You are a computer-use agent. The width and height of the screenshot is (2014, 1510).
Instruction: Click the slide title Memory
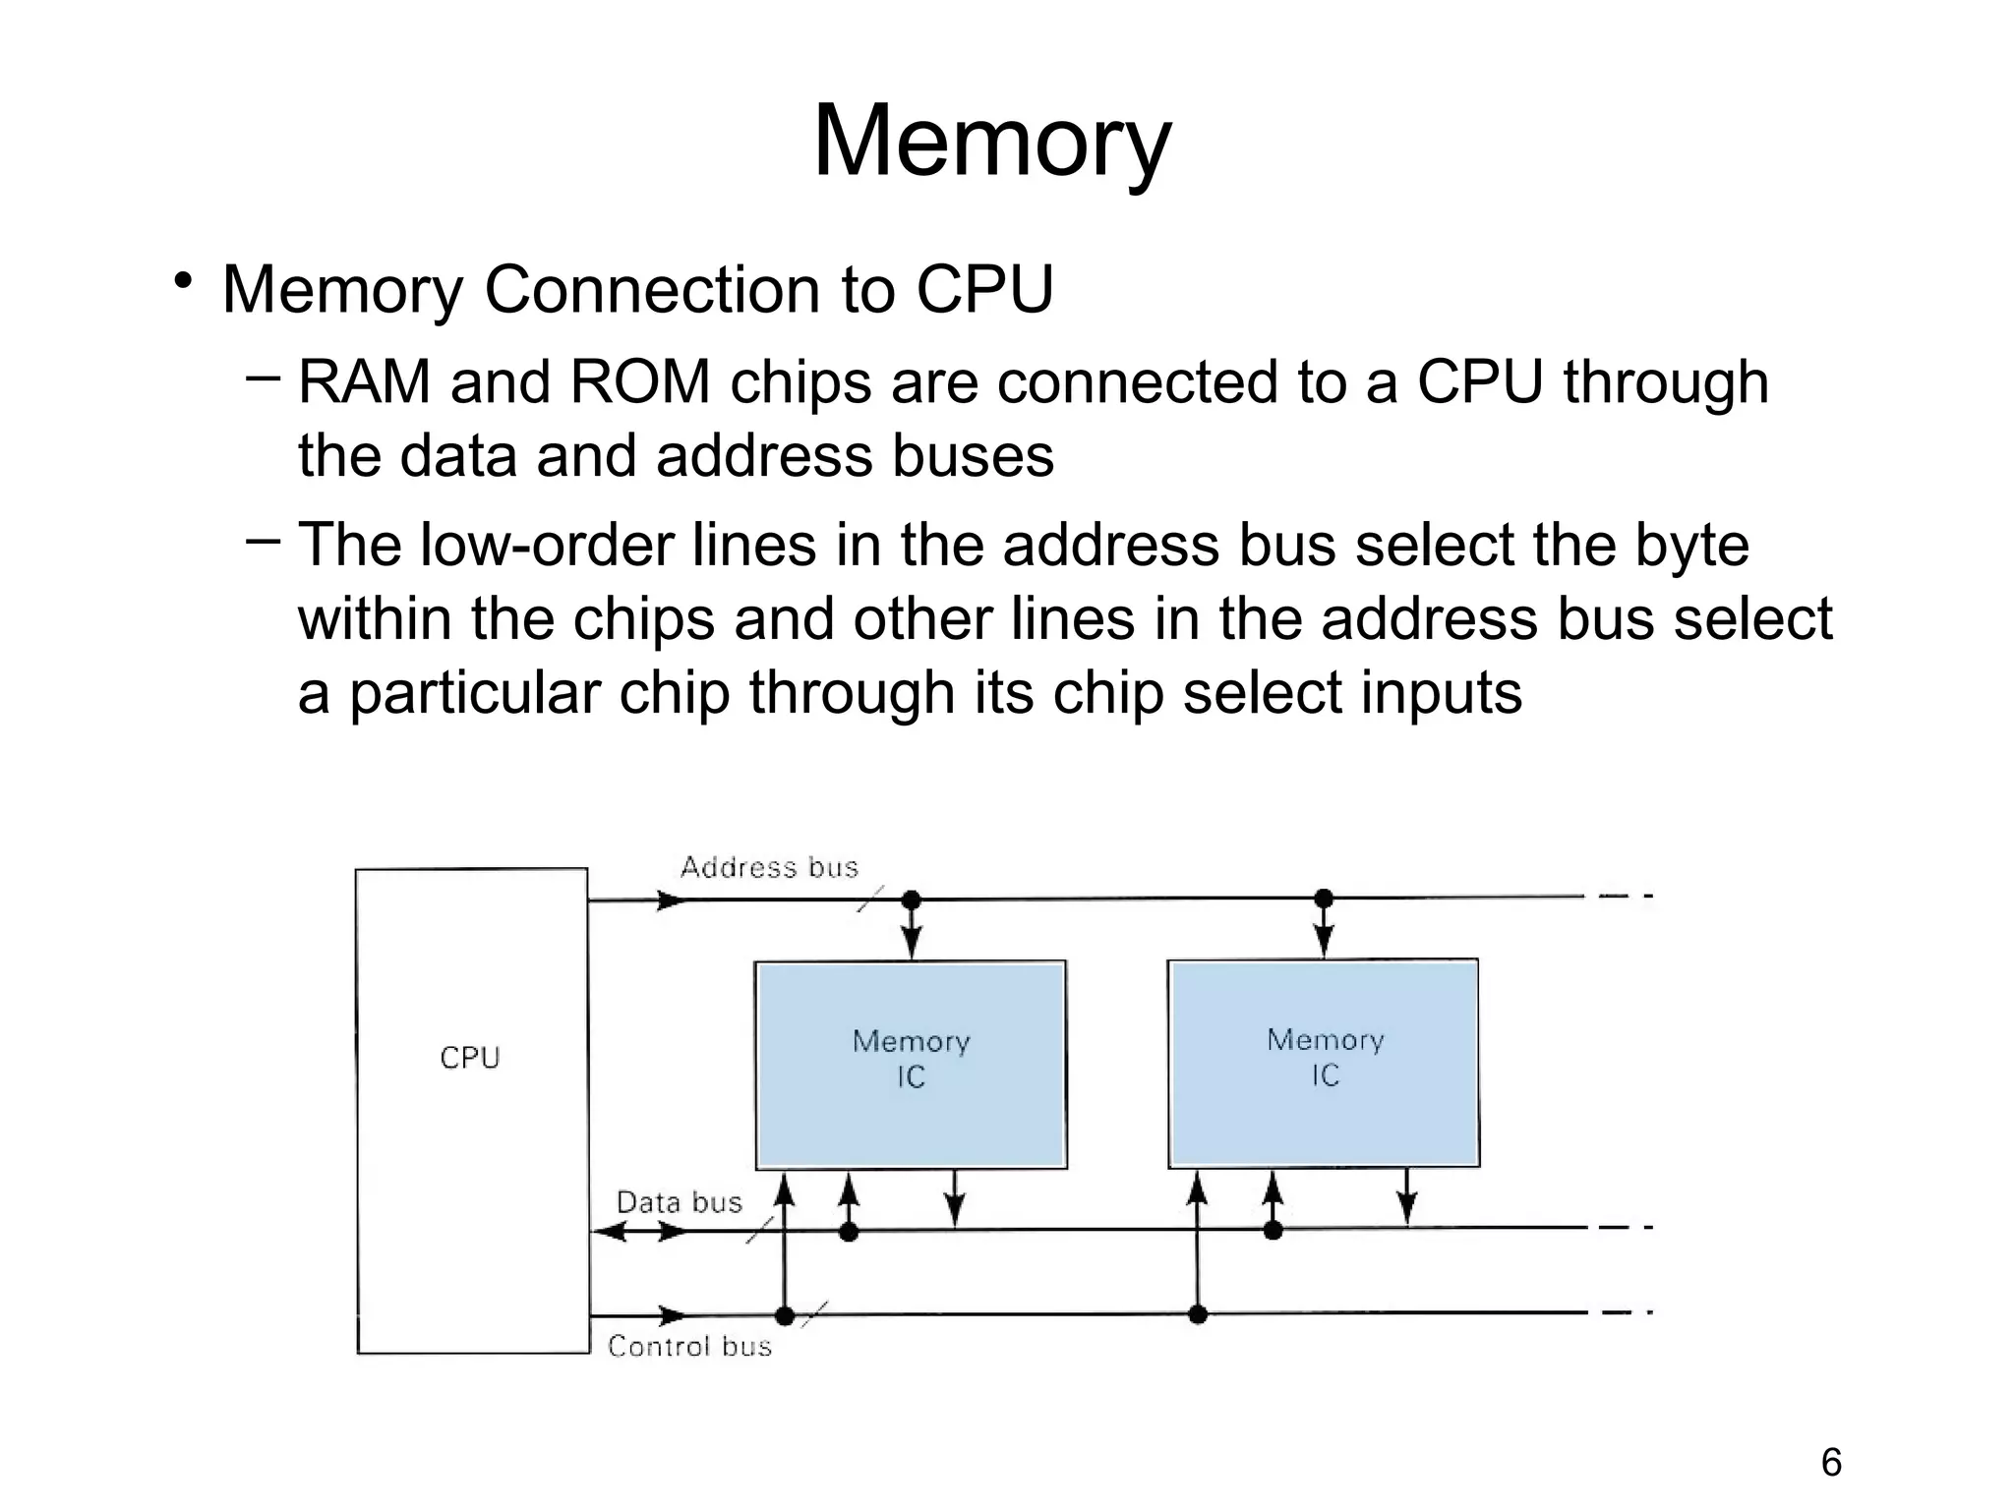coord(991,143)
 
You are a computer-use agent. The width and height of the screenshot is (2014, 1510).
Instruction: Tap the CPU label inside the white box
coord(470,1058)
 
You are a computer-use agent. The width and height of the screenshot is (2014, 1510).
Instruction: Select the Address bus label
coord(769,867)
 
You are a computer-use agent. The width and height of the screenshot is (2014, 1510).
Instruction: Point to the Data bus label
coord(679,1202)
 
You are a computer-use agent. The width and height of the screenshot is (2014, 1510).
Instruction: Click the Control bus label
coord(689,1346)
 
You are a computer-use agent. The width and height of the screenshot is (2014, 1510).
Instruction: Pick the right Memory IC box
coord(1324,1063)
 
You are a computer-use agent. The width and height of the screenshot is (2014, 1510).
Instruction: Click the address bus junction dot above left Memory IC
coord(912,900)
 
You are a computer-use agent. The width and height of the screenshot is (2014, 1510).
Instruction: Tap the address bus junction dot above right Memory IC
coord(1324,898)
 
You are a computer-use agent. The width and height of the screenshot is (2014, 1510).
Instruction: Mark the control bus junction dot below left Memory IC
coord(785,1315)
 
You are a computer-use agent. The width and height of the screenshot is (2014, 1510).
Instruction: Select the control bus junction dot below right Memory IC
coord(1198,1314)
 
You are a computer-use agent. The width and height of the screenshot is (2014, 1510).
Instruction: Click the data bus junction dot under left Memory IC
coord(849,1231)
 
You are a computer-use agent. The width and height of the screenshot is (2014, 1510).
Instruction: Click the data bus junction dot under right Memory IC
coord(1273,1230)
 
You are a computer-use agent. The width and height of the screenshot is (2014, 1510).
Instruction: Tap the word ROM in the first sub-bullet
coord(640,382)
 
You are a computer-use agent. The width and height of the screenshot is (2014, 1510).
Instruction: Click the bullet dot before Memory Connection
coord(183,282)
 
